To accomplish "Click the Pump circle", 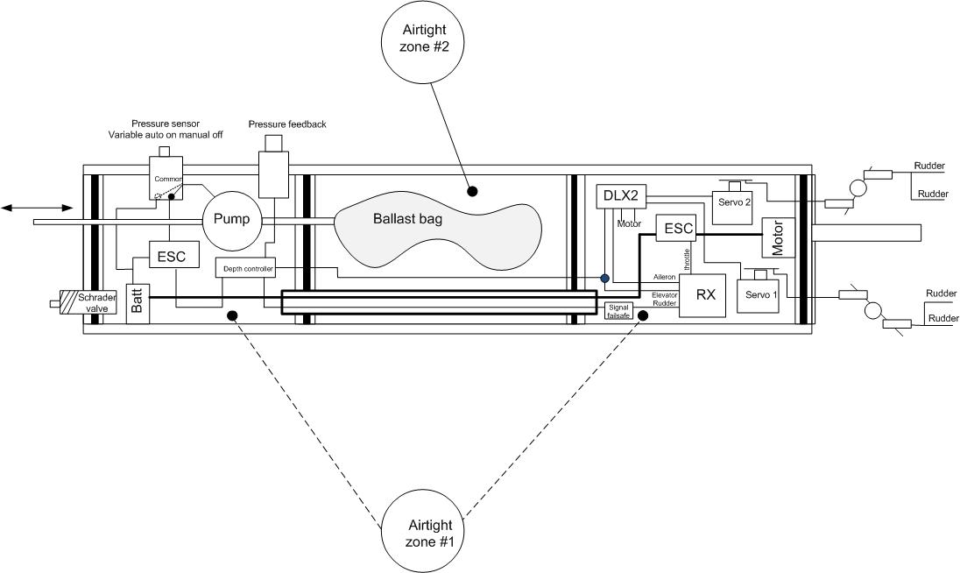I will point(232,219).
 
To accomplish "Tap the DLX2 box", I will point(621,197).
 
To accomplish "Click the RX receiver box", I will point(706,294).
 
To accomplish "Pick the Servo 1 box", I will point(760,294).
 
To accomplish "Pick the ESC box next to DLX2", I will point(679,229).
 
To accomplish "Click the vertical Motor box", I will point(777,237).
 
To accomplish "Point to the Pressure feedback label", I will point(287,124).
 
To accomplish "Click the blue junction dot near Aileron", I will point(604,279).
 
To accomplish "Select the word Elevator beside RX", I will point(665,295).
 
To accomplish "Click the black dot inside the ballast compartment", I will point(471,190).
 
